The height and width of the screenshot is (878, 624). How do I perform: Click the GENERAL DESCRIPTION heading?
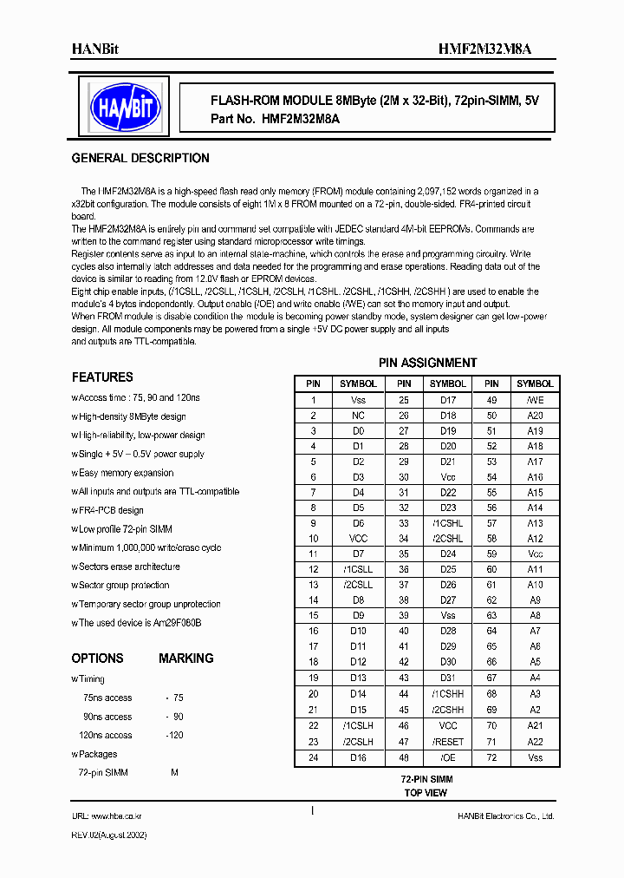(x=140, y=159)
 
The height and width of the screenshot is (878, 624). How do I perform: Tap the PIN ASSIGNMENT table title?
(x=427, y=363)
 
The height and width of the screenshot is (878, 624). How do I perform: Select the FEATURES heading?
(x=102, y=377)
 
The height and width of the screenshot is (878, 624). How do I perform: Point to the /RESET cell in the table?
(x=448, y=743)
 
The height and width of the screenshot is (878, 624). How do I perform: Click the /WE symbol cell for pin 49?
(x=535, y=401)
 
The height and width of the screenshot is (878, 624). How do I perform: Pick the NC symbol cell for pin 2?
(x=358, y=416)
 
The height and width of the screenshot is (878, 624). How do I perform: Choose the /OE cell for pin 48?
(x=448, y=758)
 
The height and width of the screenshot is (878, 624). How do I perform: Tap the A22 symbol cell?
(x=535, y=743)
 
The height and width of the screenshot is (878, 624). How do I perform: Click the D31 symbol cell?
(x=448, y=678)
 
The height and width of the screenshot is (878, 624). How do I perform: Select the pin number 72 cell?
(x=491, y=758)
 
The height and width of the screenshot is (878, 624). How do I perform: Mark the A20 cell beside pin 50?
(x=535, y=416)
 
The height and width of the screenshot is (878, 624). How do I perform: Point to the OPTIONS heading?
(x=97, y=658)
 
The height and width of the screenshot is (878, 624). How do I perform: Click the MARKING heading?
(x=185, y=658)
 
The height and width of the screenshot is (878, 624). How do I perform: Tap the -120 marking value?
(x=175, y=735)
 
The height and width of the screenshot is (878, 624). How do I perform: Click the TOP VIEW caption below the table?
(x=426, y=793)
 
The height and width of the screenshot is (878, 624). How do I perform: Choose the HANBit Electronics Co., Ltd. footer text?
(x=506, y=816)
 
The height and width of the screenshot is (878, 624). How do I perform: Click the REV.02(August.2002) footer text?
(x=109, y=835)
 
